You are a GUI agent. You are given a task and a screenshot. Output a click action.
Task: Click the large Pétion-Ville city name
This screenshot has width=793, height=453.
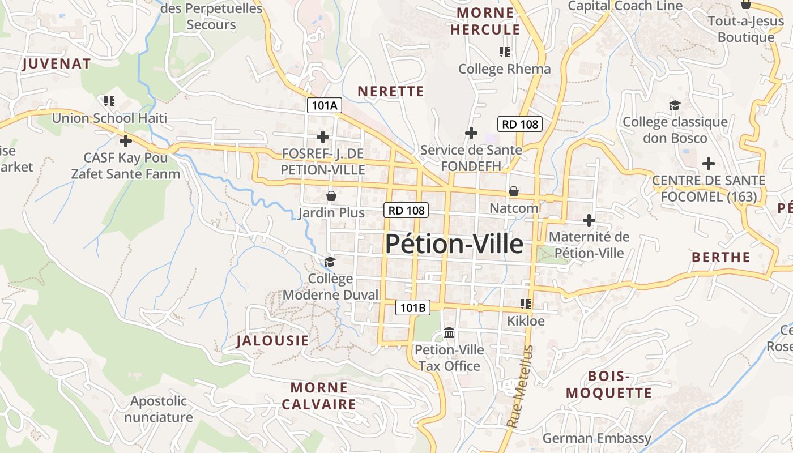(454, 244)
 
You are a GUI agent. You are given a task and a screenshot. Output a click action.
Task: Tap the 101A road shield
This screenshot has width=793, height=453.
(325, 105)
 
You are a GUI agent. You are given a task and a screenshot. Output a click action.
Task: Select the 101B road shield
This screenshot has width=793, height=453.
(412, 307)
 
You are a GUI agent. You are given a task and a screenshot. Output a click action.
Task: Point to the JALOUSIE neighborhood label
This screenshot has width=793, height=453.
(272, 340)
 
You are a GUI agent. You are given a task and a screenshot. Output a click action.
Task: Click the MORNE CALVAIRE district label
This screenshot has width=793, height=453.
(319, 396)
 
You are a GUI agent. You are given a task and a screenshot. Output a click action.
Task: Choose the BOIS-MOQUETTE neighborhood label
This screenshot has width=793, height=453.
(609, 384)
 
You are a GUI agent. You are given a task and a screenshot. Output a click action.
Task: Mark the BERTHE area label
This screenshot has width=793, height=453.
(721, 257)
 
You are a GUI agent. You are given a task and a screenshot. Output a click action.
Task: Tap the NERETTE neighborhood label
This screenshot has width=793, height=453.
(391, 91)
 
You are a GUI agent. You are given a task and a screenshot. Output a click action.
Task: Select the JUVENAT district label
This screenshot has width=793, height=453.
(57, 64)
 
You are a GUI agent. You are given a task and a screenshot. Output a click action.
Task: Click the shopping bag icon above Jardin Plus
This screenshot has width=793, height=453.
(331, 196)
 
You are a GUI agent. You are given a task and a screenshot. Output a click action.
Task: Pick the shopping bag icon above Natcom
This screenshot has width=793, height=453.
(514, 191)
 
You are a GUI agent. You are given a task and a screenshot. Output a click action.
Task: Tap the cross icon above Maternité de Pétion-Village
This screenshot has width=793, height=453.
(589, 220)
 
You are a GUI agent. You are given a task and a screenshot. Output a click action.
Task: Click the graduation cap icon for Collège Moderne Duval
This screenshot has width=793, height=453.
(330, 262)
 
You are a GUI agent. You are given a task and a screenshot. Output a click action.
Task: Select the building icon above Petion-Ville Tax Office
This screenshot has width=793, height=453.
(450, 332)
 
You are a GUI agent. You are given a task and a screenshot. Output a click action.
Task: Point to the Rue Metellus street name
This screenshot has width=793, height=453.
(521, 386)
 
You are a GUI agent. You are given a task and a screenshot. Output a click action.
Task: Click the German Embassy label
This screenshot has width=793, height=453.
(596, 438)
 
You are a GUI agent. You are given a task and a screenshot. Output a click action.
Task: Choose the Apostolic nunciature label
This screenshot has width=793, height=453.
(159, 409)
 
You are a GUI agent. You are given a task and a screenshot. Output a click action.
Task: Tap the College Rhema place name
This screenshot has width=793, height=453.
(504, 69)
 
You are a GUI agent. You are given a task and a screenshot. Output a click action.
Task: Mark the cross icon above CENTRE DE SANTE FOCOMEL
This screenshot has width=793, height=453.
(708, 164)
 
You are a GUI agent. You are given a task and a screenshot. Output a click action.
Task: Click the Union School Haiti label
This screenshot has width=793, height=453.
(109, 118)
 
